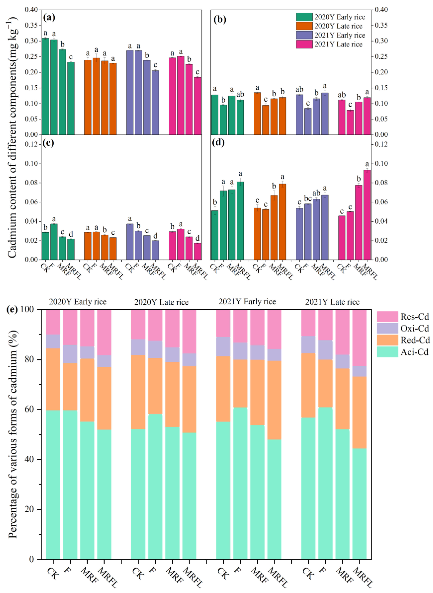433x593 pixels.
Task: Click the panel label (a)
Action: point(49,18)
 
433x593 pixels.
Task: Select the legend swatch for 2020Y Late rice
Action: point(304,26)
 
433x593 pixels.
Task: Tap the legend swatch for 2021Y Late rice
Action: point(304,44)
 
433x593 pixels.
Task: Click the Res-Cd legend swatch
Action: point(387,317)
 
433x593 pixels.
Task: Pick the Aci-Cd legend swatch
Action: point(387,352)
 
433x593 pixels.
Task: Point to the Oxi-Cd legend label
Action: point(415,328)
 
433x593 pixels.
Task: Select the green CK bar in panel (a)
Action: point(45,86)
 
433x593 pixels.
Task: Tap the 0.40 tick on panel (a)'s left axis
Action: point(31,10)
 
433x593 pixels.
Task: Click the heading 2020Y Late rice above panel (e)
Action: point(162,302)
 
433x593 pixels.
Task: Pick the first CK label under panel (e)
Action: point(53,573)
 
